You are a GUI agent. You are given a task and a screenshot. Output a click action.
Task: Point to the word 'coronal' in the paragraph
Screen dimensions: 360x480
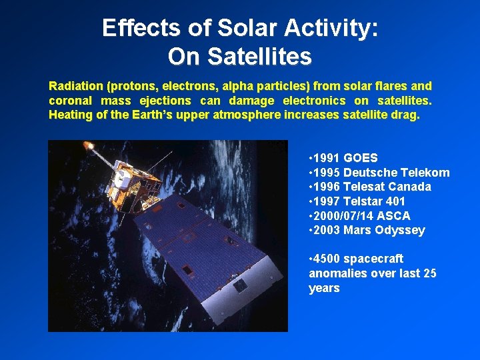pos(69,101)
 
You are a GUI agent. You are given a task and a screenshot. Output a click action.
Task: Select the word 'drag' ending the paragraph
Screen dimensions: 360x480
pos(407,115)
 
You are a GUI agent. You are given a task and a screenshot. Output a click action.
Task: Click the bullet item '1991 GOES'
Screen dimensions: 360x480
pos(343,158)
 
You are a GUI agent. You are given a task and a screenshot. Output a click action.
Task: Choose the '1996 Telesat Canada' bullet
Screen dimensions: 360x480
pos(370,187)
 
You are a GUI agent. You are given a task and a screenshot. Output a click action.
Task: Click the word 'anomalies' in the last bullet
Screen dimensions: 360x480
pos(335,273)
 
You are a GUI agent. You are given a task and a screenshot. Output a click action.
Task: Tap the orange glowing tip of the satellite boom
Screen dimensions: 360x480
pos(87,145)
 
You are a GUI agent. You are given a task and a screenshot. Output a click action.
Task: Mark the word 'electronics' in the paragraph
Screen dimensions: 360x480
pos(314,101)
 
